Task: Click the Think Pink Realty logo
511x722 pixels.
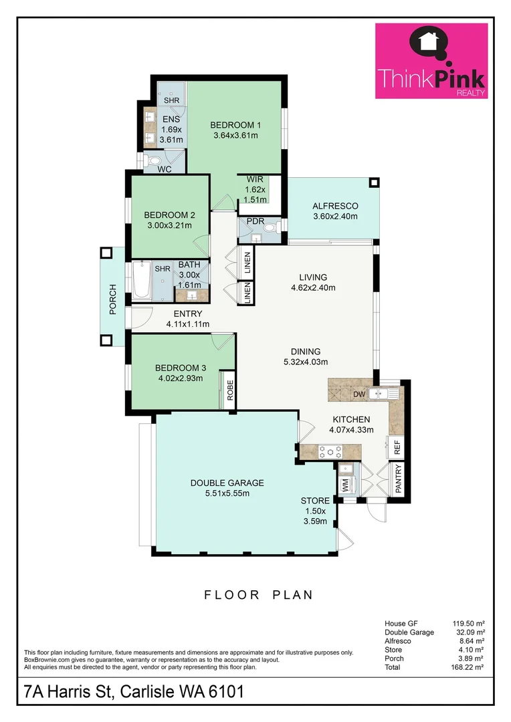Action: (431, 62)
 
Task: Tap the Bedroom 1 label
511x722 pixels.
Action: (235, 124)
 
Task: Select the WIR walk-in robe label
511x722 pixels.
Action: (255, 180)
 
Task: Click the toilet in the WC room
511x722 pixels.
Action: (153, 160)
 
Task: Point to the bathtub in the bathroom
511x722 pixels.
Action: (141, 281)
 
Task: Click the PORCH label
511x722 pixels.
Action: (113, 299)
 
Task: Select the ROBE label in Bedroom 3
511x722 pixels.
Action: (229, 389)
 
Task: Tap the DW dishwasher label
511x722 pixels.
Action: (359, 394)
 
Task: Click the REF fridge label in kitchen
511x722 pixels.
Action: (396, 446)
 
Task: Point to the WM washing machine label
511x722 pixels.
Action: (346, 487)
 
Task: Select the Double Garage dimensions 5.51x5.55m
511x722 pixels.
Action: (227, 494)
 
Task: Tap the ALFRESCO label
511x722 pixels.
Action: (335, 206)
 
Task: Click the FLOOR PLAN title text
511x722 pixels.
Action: (258, 594)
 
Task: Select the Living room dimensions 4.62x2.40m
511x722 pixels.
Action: (313, 288)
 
